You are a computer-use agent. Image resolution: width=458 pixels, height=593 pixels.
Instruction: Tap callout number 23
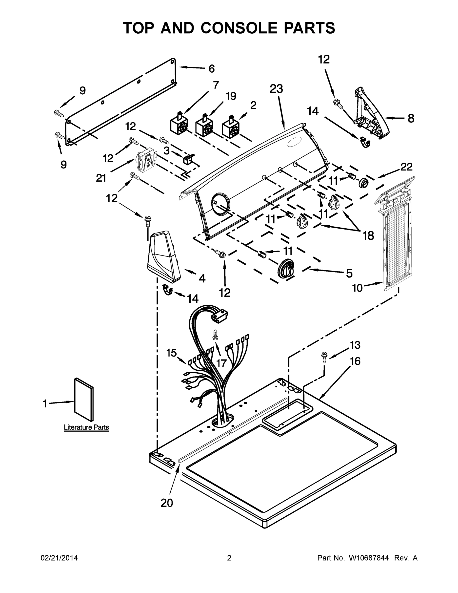(276, 89)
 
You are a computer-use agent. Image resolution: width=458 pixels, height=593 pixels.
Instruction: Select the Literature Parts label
(86, 427)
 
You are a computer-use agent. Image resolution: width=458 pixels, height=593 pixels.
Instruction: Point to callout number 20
(167, 503)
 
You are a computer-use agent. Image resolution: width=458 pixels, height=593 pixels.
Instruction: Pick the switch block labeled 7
(178, 125)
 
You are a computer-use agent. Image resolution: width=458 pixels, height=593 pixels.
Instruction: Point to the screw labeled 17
(215, 334)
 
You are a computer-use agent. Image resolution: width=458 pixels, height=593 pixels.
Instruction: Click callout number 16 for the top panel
(355, 361)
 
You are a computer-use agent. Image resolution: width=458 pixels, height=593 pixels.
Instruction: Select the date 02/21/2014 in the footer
(59, 558)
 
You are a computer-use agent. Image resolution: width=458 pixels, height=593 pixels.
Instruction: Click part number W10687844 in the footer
(368, 558)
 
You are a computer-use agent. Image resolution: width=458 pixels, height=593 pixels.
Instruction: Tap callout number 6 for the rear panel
(211, 69)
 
